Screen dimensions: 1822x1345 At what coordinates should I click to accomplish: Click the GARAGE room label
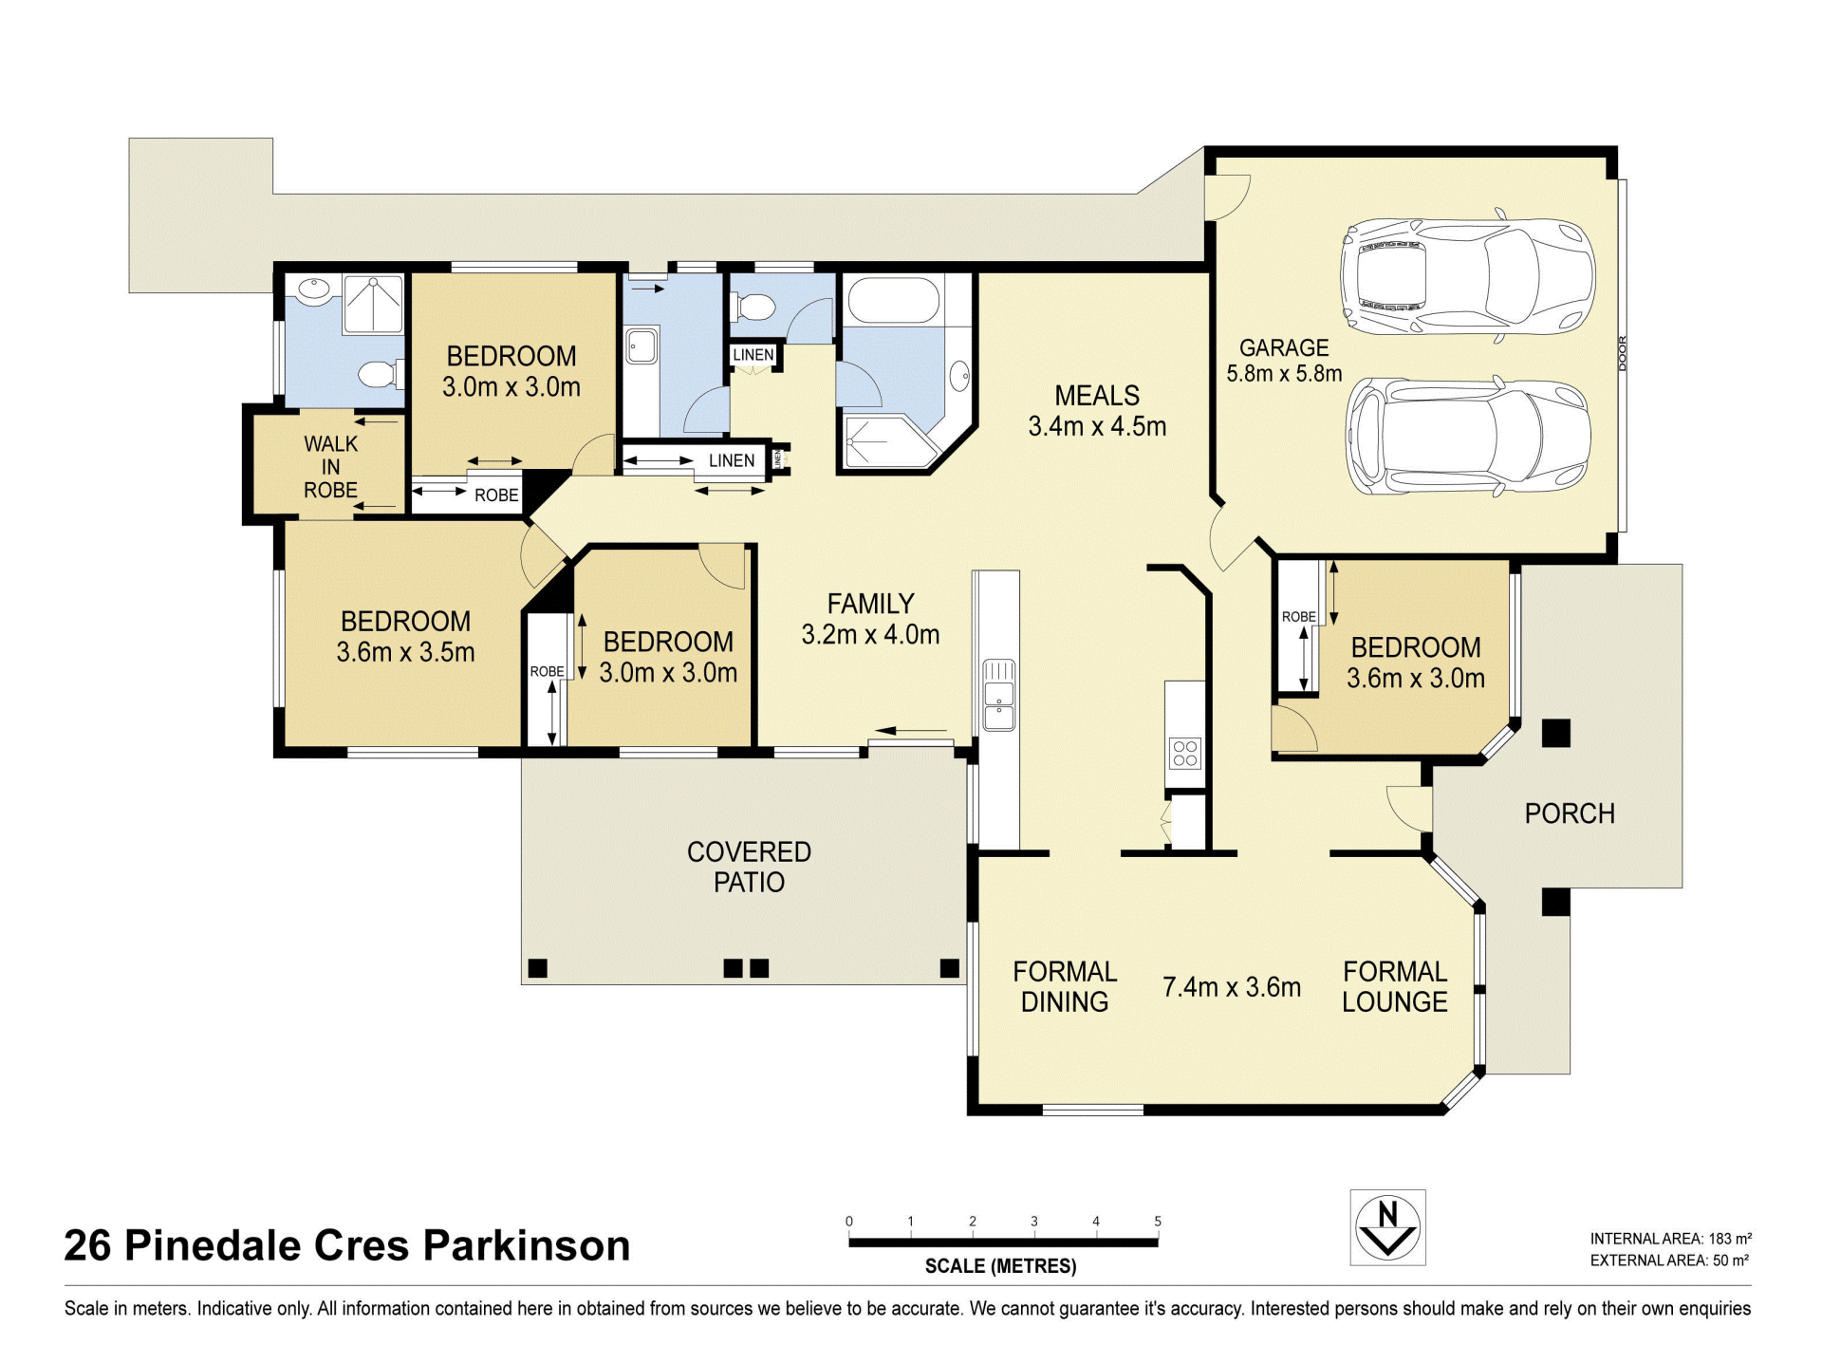click(x=1284, y=348)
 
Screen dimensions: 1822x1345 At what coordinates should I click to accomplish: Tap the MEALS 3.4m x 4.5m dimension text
click(x=1097, y=426)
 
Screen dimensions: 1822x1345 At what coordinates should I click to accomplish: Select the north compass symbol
click(x=1387, y=1227)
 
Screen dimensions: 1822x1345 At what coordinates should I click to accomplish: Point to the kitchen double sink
click(x=998, y=695)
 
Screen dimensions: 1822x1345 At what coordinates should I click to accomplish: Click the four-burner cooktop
click(x=1185, y=753)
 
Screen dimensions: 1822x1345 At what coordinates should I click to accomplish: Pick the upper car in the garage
click(x=1467, y=276)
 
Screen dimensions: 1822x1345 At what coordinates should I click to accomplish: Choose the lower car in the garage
click(x=1468, y=437)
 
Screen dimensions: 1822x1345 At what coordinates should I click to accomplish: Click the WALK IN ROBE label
click(x=330, y=467)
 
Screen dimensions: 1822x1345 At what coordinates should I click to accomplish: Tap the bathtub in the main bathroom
click(x=893, y=300)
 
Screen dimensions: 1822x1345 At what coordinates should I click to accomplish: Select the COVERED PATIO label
click(x=749, y=867)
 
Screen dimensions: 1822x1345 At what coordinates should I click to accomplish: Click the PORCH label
click(x=1570, y=813)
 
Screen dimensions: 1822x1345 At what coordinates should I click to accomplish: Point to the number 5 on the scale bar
click(x=1158, y=1222)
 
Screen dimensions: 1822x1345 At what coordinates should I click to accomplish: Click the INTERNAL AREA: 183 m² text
click(x=1671, y=1239)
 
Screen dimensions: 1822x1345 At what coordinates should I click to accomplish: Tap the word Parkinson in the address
click(x=527, y=1245)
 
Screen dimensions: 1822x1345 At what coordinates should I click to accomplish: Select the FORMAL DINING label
click(x=1065, y=986)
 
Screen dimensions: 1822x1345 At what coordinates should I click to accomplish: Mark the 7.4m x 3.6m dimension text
click(x=1232, y=987)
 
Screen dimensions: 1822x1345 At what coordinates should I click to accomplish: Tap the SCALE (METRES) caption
click(x=1001, y=1266)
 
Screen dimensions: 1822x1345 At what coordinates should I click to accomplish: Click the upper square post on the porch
click(x=1555, y=733)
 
